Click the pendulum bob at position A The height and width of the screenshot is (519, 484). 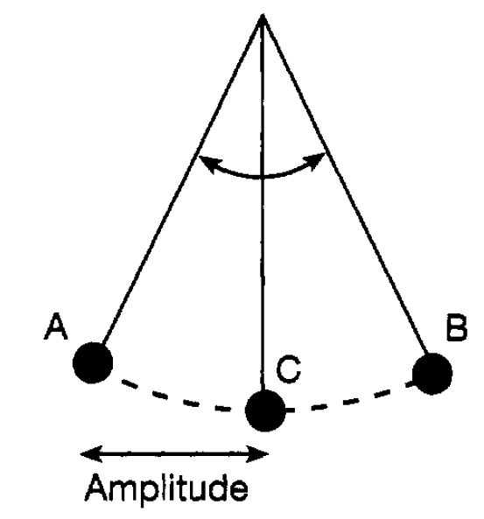coord(93,362)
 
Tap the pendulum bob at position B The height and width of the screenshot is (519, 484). coord(432,374)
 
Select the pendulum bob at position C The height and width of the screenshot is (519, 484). coord(265,410)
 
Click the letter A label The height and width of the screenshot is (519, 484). coord(56,326)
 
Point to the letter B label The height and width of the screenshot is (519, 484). coord(457,327)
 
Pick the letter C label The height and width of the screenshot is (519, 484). coord(288,369)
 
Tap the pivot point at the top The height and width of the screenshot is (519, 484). coord(263,15)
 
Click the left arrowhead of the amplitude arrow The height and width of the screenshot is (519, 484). coord(89,454)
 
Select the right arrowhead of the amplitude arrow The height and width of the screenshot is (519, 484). coord(259,454)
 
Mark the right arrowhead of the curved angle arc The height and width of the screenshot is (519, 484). coord(316,160)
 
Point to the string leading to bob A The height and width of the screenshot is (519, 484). coord(182,179)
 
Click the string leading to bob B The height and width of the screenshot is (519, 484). coord(345,184)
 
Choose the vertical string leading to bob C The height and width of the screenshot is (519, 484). coord(263,202)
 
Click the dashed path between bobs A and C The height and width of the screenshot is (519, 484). coord(176,398)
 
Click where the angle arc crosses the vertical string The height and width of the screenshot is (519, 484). coord(263,178)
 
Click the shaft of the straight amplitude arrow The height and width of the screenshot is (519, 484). coord(174,454)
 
